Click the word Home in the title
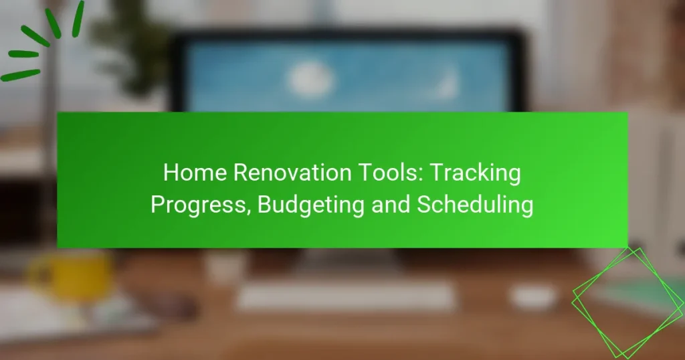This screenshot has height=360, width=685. tap(195, 173)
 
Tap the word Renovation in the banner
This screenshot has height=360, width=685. tap(292, 173)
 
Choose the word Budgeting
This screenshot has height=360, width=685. tap(311, 205)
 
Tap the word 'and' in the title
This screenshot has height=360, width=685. tap(391, 205)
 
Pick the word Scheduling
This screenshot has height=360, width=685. tap(475, 205)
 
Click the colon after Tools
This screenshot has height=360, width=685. tap(420, 175)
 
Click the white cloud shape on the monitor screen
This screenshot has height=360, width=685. tap(310, 80)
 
